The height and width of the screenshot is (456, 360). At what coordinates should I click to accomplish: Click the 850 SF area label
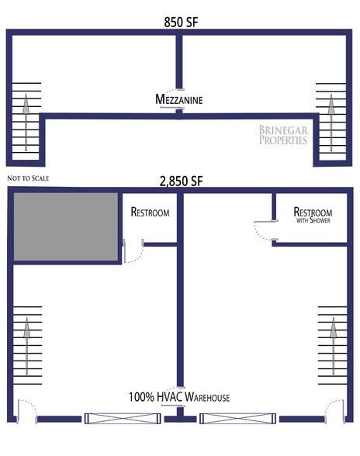coord(180,22)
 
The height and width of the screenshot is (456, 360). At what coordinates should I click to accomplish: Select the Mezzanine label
coord(180,99)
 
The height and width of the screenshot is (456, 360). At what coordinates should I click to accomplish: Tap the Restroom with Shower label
coord(313,214)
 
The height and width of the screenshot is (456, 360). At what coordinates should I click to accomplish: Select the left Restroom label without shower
coord(150,211)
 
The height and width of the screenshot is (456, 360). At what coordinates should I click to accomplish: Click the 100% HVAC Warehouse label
coord(180,398)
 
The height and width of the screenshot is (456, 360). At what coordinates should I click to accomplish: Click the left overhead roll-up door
coord(124,419)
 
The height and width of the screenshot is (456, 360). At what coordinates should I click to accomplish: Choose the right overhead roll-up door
coord(236,419)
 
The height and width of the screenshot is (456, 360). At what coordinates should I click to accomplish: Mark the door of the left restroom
coord(130,252)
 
